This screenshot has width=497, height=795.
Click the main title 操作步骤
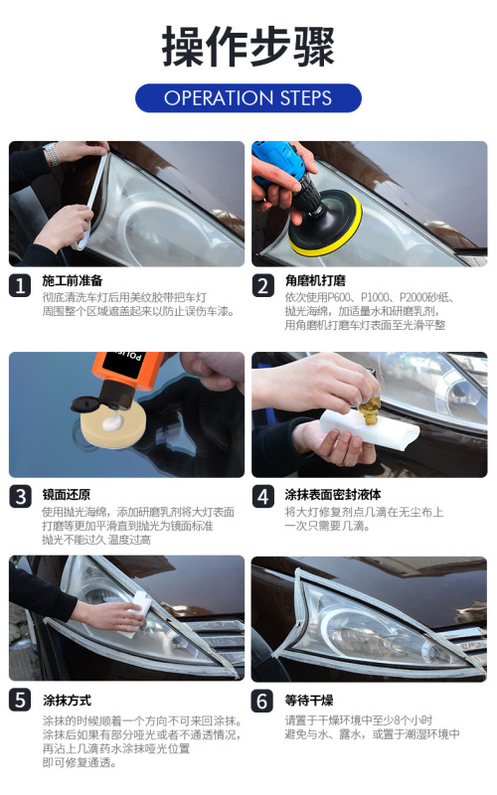[248, 46]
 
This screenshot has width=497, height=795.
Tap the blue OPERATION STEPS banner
[248, 97]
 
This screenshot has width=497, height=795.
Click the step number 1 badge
[20, 286]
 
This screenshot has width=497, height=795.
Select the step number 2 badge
[262, 286]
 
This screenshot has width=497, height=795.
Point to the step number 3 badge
[20, 496]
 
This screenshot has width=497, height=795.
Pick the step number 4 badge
[262, 496]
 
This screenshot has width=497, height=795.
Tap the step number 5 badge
[20, 701]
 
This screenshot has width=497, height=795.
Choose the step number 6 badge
[262, 702]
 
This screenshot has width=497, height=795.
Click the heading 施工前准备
[73, 280]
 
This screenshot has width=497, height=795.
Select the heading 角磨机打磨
[315, 280]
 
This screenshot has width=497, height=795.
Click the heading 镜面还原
[67, 494]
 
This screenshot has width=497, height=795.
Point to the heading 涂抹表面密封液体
[333, 494]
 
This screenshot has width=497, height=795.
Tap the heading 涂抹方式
[67, 701]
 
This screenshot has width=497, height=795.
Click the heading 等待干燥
[309, 701]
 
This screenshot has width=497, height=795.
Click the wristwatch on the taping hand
[52, 154]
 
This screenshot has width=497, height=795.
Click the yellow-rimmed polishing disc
[325, 223]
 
